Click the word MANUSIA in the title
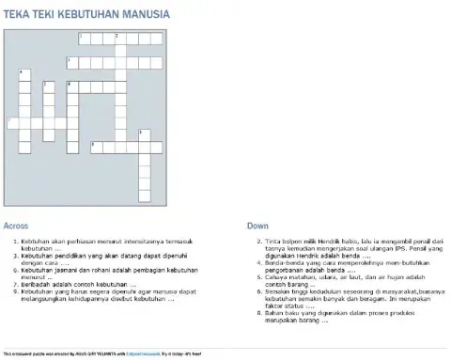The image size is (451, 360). (145, 14)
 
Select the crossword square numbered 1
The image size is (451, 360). (85, 39)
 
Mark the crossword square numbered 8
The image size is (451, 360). (144, 134)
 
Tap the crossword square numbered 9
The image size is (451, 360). (96, 147)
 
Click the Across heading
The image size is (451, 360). (16, 226)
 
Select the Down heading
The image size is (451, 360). (257, 226)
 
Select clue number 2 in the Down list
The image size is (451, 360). (258, 242)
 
